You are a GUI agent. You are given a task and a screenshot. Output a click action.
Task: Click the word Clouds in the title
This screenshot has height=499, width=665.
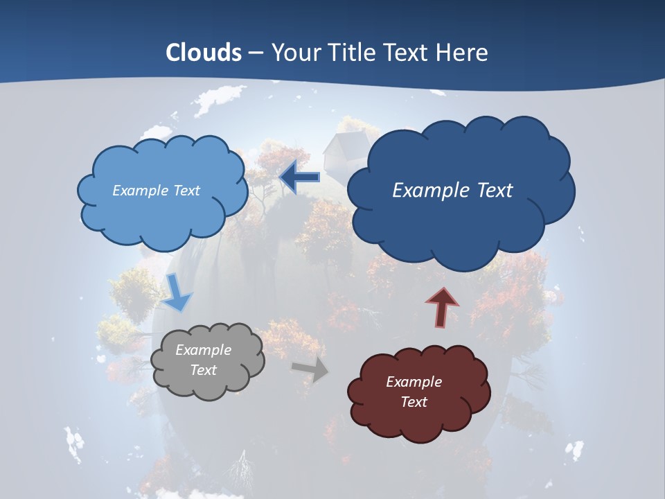click(204, 53)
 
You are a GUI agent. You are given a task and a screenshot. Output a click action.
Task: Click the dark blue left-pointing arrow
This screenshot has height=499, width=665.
click(300, 177)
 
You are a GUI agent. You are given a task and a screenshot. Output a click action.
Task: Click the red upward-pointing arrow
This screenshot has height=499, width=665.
click(441, 307)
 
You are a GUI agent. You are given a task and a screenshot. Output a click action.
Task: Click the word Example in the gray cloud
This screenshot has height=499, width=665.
click(203, 350)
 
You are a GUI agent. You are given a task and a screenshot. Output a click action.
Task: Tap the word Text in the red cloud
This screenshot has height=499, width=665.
click(414, 402)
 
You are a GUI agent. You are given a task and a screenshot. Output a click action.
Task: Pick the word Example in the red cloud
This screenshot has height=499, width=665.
click(414, 382)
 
